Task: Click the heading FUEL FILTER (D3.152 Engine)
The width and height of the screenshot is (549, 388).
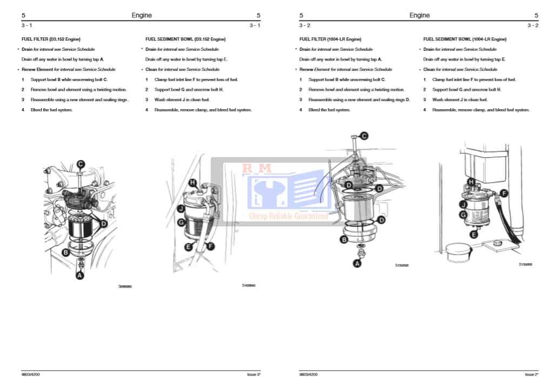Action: coord(51,39)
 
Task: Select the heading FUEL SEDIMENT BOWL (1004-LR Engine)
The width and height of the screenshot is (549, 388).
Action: coord(465,39)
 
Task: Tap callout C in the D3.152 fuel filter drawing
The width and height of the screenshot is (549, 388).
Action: coord(81,164)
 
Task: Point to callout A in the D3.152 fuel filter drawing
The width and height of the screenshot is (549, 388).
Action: coord(80,276)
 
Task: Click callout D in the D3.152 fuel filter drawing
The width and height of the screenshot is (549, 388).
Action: coord(104,223)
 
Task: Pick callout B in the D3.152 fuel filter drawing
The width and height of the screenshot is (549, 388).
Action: coord(65,252)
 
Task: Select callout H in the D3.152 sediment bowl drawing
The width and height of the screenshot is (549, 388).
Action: coord(193,183)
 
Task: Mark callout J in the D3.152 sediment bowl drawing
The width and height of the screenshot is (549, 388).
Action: coord(182,208)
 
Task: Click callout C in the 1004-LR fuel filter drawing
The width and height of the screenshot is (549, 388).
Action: coord(364,136)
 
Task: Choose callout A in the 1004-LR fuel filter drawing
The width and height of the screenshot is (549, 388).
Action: coord(357,264)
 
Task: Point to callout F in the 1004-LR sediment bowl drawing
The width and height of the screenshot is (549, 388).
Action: coord(504,193)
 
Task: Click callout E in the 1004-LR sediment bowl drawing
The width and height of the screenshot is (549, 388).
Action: coord(473,235)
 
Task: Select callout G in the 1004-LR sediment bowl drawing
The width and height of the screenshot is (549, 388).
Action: coord(463,215)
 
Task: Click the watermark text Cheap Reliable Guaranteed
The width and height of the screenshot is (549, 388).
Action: coord(289,216)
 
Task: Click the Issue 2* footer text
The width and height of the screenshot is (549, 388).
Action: coord(531,374)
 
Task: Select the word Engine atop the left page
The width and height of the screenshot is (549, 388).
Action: coord(142,15)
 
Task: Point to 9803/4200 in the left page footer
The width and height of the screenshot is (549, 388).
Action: coord(31,374)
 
